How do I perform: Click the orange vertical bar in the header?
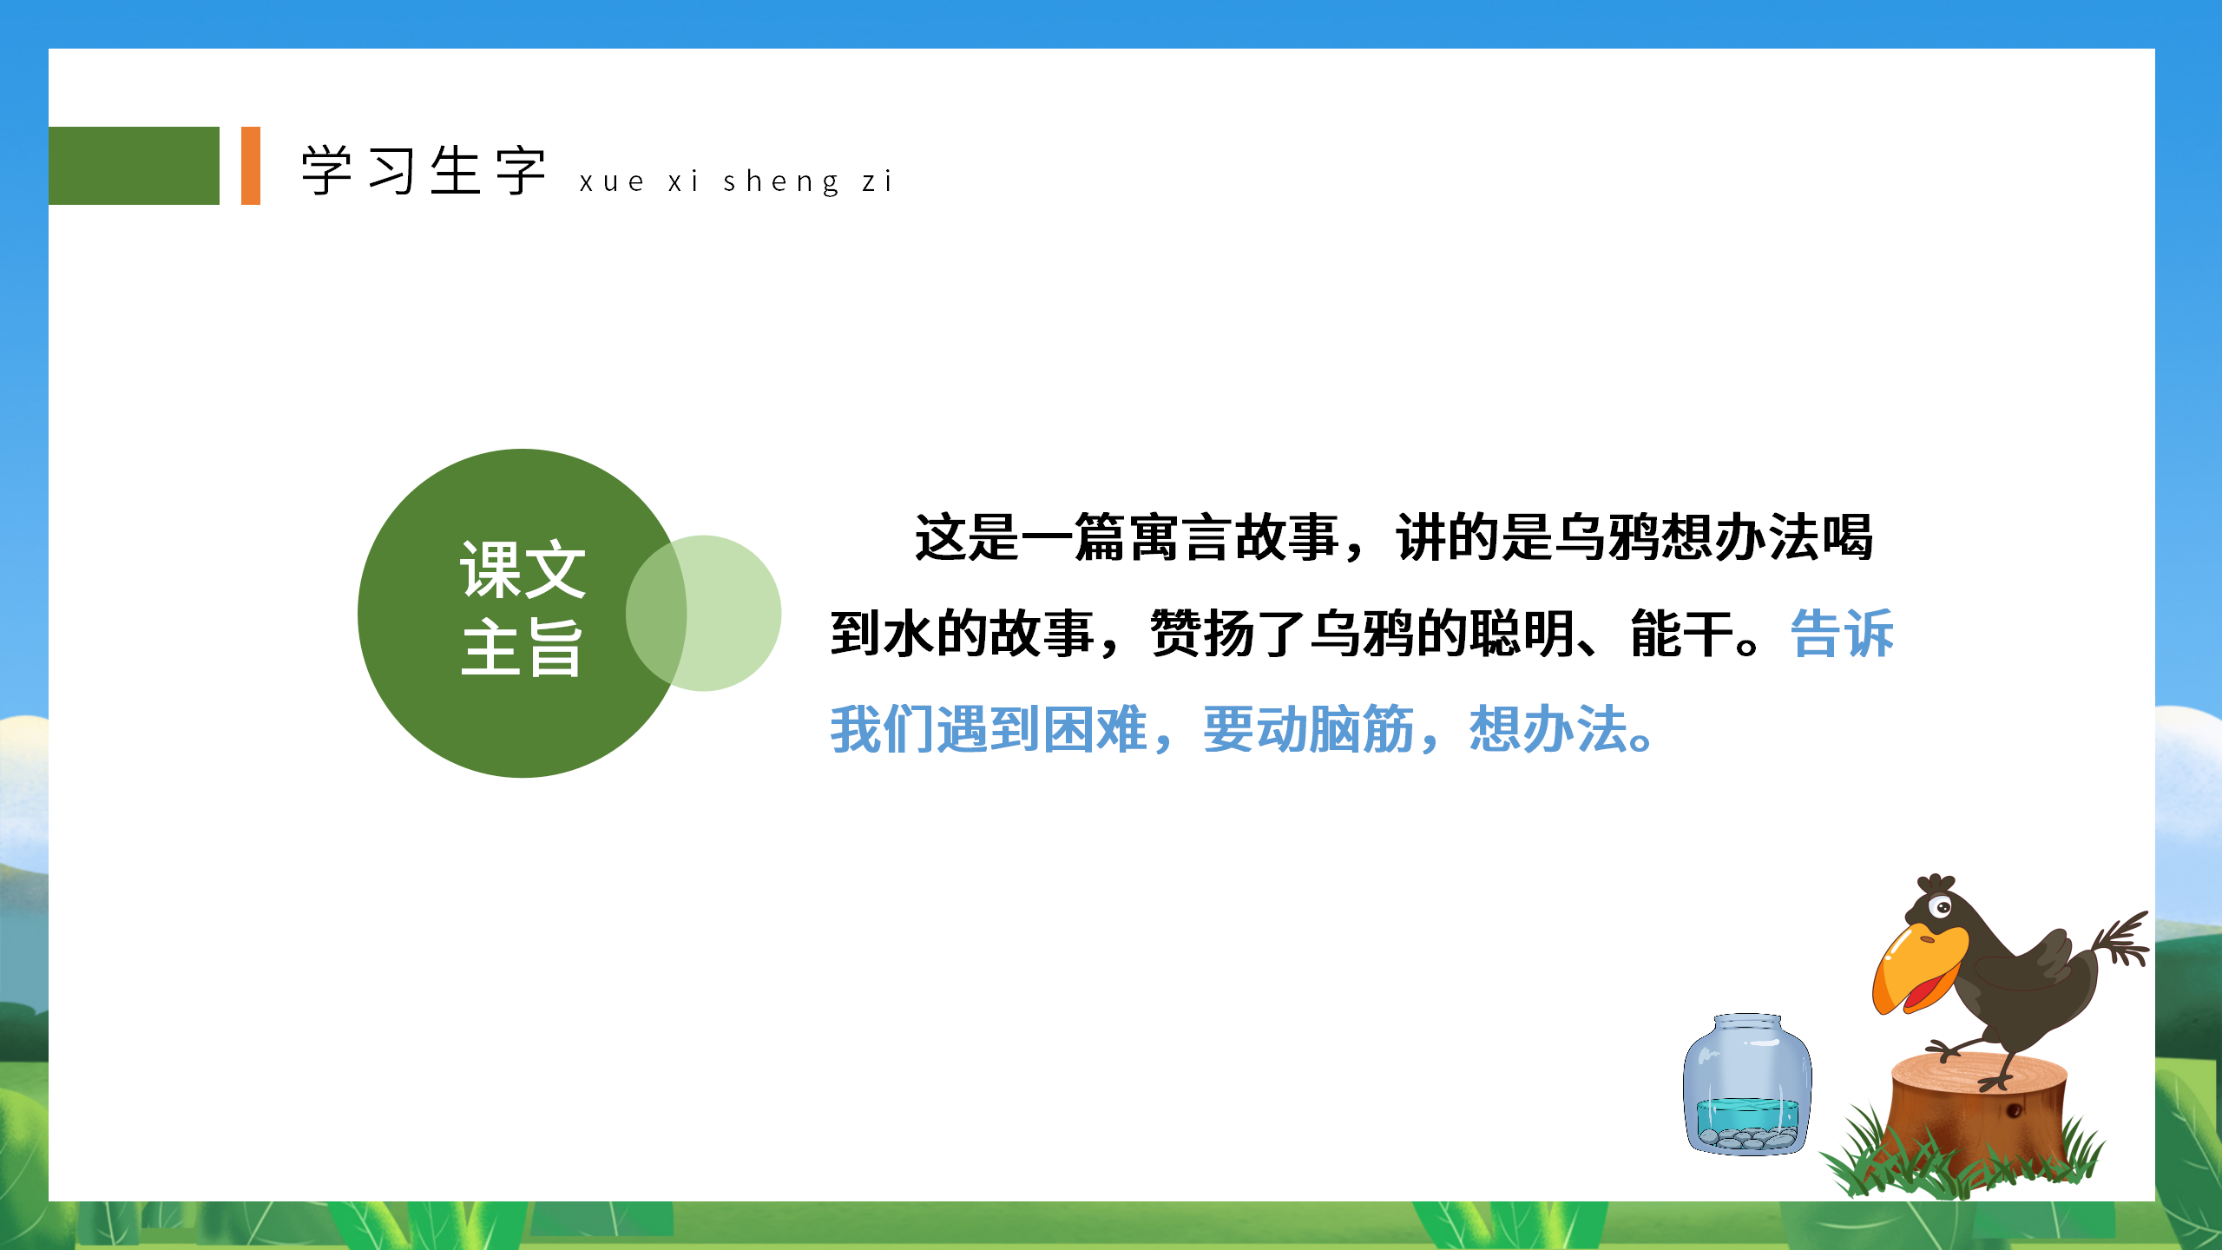pyautogui.click(x=251, y=166)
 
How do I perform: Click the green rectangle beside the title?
pyautogui.click(x=134, y=166)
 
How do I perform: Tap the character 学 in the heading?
pyautogui.click(x=327, y=170)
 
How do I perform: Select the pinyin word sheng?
pyautogui.click(x=781, y=182)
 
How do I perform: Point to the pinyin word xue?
pyautogui.click(x=612, y=182)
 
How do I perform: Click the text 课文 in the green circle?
pyautogui.click(x=523, y=569)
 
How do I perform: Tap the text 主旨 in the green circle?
pyautogui.click(x=523, y=648)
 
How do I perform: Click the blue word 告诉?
pyautogui.click(x=1842, y=634)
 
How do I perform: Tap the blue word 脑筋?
pyautogui.click(x=1361, y=729)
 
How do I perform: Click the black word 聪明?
pyautogui.click(x=1521, y=634)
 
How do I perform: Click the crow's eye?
pyautogui.click(x=1942, y=908)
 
